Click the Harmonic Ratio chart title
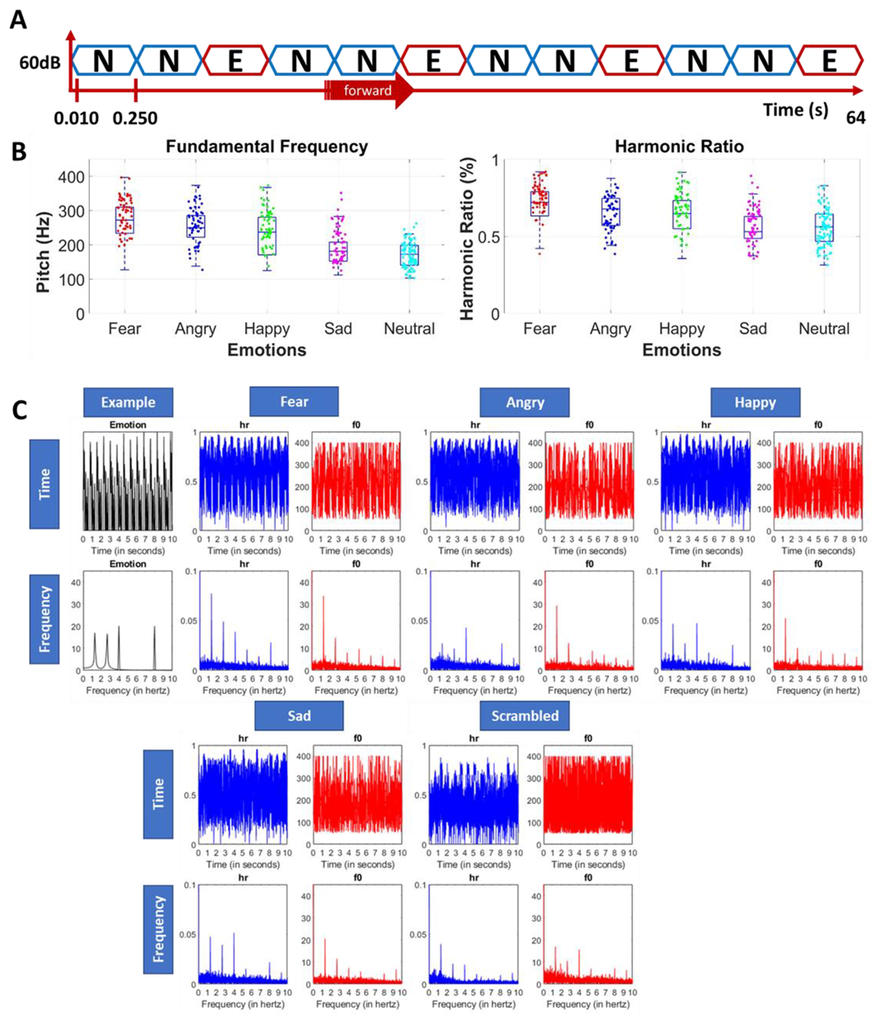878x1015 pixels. point(675,148)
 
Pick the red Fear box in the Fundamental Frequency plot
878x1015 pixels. point(125,220)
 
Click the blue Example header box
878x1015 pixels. point(129,402)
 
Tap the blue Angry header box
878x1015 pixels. point(526,402)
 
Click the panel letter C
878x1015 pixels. point(17,408)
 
